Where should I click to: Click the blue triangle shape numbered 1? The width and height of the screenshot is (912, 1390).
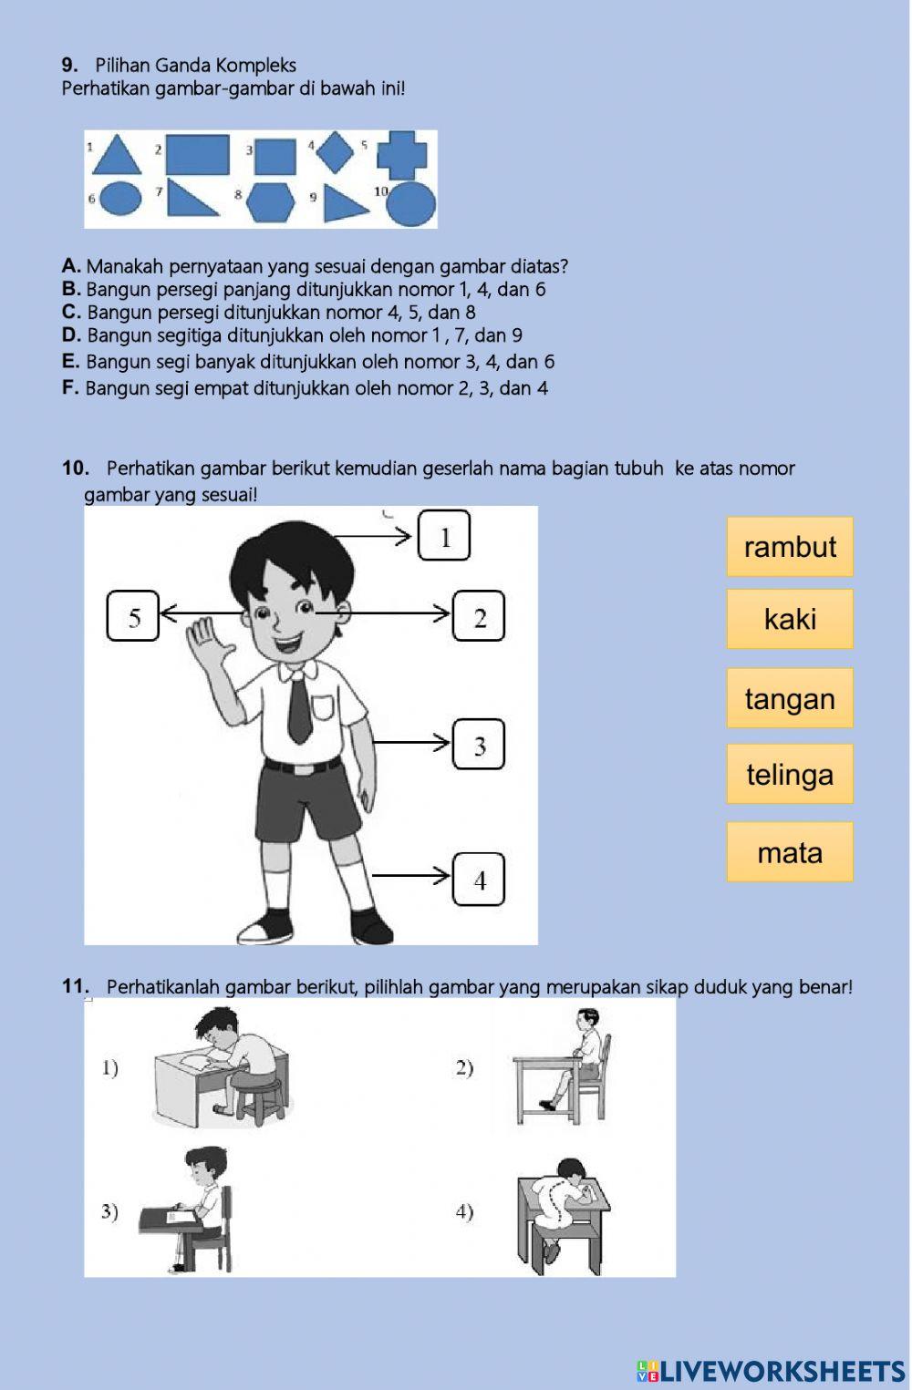[x=118, y=157]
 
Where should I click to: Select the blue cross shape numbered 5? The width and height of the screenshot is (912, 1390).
[x=402, y=154]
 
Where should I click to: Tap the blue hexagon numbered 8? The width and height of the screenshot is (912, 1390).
[x=271, y=201]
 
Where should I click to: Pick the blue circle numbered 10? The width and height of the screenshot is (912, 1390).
[x=410, y=203]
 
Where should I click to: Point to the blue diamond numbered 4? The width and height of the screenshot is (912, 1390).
[x=336, y=151]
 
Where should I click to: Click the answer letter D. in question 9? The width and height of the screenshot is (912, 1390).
[x=71, y=335]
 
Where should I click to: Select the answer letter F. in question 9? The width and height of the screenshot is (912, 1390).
[x=70, y=388]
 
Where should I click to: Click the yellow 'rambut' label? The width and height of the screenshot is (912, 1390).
[x=790, y=547]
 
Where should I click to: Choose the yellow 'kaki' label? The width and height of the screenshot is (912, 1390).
[x=790, y=619]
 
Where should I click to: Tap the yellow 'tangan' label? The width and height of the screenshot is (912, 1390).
[x=790, y=698]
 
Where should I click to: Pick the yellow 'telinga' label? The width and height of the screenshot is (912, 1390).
[x=790, y=774]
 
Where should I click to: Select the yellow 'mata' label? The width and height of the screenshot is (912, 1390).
[x=790, y=852]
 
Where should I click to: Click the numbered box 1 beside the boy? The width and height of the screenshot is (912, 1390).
[x=444, y=536]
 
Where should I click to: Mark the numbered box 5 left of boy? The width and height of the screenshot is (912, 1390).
[x=133, y=617]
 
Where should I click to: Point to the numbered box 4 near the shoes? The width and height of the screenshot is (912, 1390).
[x=479, y=880]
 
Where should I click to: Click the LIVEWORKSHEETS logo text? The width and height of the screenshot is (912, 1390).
[x=771, y=1372]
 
